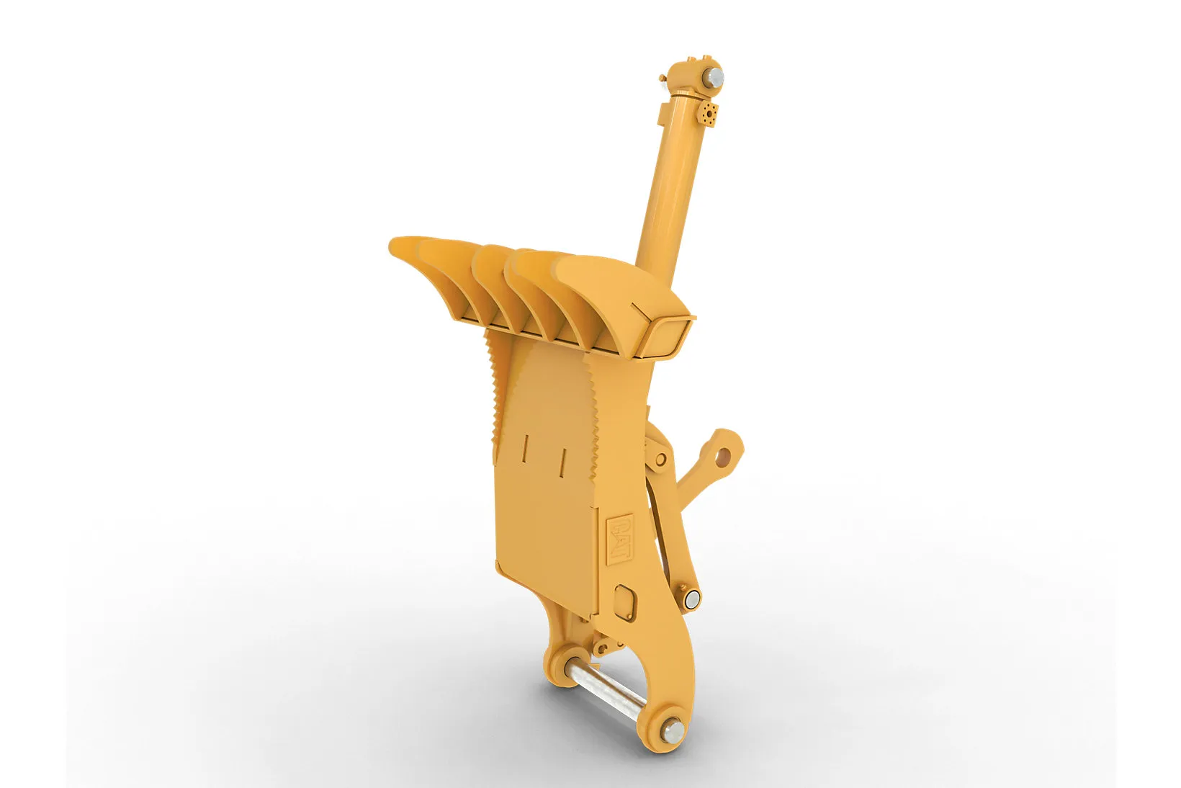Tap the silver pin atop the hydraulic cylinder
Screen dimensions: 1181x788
tap(714, 79)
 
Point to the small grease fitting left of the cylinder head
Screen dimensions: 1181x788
tap(663, 79)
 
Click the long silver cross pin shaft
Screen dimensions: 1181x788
tap(606, 685)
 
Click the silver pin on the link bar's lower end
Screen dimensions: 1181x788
tap(692, 598)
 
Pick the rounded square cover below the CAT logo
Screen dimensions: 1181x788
tap(625, 602)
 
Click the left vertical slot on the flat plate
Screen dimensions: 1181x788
tap(525, 448)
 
